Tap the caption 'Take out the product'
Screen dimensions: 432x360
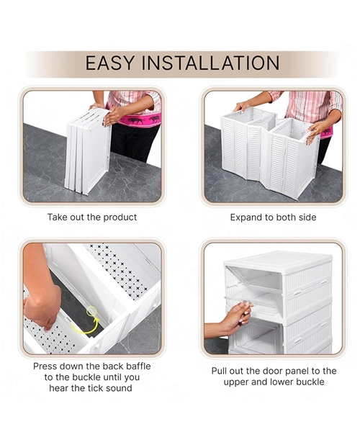coord(92,217)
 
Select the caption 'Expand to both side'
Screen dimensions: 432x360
coord(273,217)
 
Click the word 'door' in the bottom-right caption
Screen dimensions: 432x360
coord(261,371)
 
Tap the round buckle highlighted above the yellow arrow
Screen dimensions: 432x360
coord(92,312)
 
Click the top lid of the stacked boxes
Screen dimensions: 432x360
coord(277,260)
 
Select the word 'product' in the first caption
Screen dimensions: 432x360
coord(118,217)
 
